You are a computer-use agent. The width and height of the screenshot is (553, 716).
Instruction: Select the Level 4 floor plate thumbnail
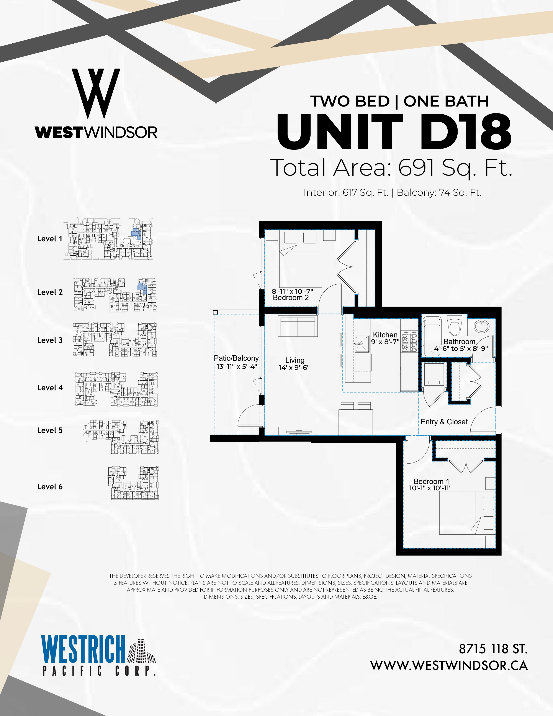117,389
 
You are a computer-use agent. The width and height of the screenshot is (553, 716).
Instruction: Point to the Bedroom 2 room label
291,298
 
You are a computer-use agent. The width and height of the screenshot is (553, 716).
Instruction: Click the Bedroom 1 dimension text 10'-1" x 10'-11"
430,488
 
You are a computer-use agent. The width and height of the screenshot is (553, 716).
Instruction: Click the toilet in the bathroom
454,325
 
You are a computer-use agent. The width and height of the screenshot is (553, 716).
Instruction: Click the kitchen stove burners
409,341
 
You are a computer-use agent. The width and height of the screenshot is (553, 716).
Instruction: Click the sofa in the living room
298,326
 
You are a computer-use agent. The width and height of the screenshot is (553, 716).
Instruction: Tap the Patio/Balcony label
236,358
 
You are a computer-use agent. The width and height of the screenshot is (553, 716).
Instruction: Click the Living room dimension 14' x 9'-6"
294,368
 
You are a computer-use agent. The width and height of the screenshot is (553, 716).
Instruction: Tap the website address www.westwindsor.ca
449,665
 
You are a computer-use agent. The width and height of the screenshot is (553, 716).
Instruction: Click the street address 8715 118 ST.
493,649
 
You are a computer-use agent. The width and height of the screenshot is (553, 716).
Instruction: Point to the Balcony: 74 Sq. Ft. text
439,192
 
